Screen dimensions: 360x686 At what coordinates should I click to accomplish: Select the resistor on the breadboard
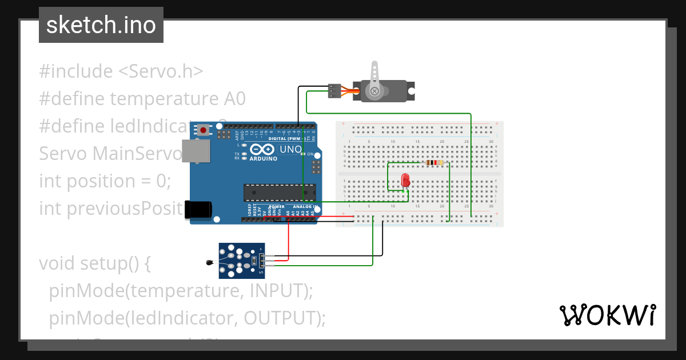(434, 162)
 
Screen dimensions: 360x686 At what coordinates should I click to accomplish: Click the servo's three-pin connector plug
(334, 91)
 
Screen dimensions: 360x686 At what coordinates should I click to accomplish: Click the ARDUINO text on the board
(263, 159)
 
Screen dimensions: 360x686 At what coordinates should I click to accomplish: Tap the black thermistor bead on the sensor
(209, 263)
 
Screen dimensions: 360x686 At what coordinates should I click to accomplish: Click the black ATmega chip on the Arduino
(279, 193)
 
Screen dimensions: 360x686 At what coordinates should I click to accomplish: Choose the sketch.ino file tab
(101, 25)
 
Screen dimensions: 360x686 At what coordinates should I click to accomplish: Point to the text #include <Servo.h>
(121, 71)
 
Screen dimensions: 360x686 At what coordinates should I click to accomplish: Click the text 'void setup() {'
(94, 263)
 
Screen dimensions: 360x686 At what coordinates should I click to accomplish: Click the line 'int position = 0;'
(105, 181)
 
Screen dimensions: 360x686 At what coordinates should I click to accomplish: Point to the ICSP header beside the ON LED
(314, 166)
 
